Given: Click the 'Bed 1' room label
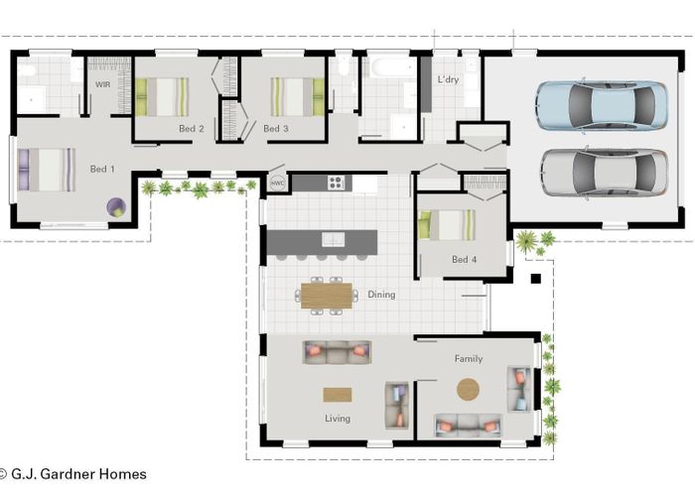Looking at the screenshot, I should [102, 170].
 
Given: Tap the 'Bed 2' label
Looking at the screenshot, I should [192, 129].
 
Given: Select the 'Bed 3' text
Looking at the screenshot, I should [276, 129].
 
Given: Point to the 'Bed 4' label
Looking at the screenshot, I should [465, 260].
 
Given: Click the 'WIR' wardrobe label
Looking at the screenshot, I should [103, 85].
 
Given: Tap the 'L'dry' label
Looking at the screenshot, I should [448, 78].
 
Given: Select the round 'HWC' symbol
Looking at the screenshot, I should [277, 183].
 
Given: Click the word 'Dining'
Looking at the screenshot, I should [381, 295].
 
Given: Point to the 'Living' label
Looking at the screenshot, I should [338, 419].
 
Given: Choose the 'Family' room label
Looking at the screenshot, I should [469, 358].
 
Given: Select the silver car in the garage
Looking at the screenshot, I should [604, 173].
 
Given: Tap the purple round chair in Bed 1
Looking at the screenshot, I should [117, 207].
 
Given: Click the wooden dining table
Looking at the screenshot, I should [327, 296].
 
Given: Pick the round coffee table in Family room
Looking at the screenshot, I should [468, 389].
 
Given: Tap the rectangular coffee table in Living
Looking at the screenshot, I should [338, 394].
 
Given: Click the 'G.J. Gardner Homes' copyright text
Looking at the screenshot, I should [76, 474].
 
